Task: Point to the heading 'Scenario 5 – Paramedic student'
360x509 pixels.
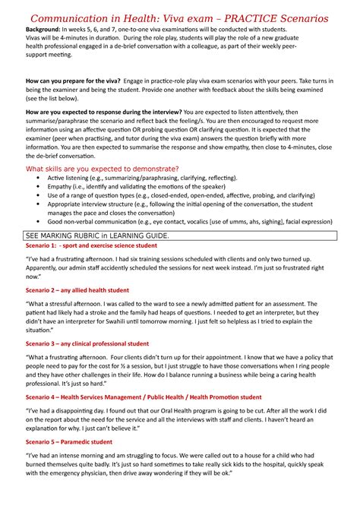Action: point(69,441)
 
